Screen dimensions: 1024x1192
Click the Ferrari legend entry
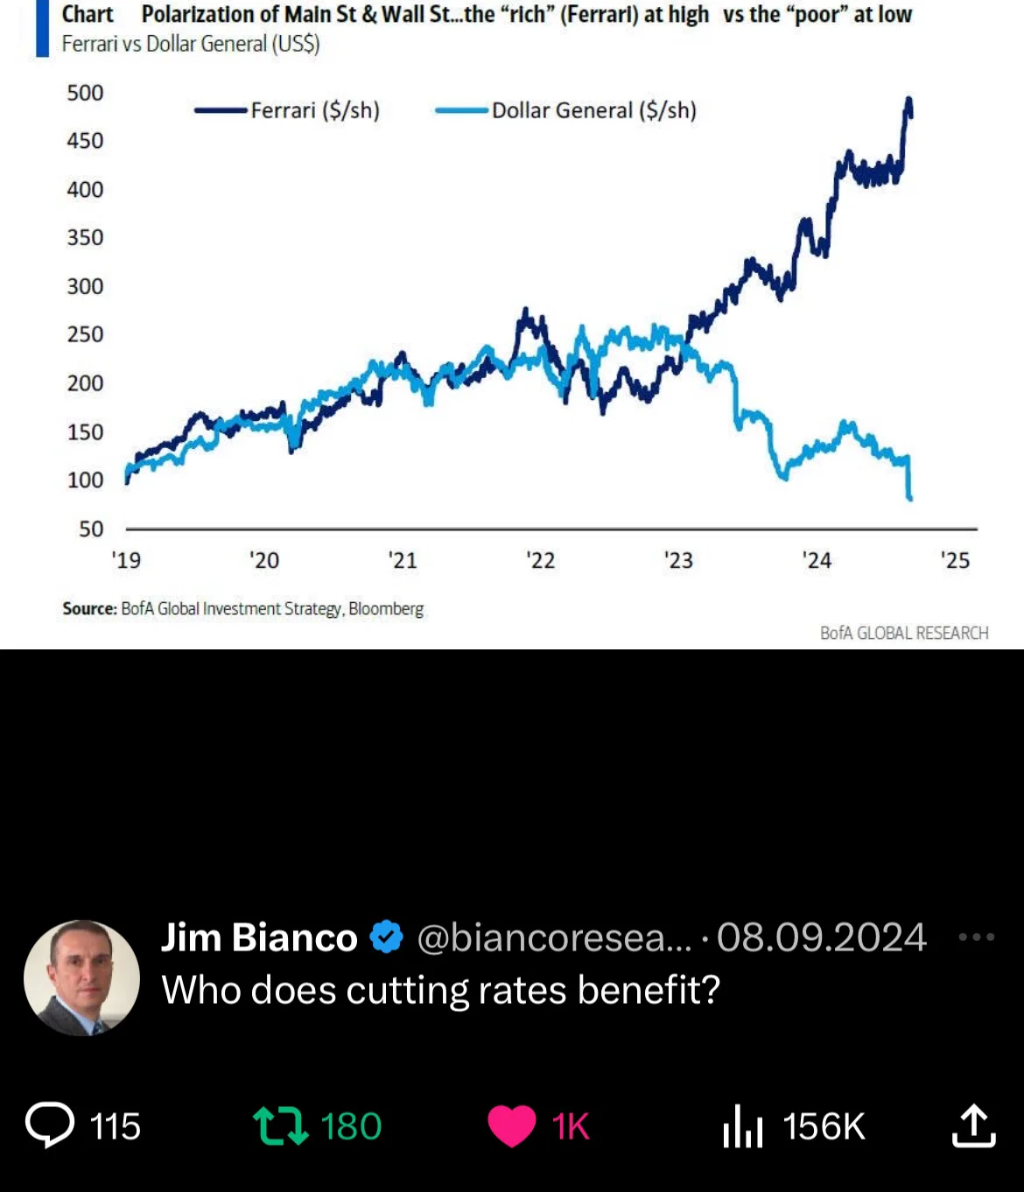point(287,110)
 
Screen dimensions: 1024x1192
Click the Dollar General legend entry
point(565,110)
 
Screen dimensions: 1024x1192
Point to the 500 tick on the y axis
point(86,93)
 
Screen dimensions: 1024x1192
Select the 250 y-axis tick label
point(86,334)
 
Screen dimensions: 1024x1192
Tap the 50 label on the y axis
point(91,529)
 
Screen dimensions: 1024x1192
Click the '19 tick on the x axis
point(126,560)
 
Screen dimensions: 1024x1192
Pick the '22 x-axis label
point(541,560)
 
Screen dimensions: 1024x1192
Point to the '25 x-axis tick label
point(956,560)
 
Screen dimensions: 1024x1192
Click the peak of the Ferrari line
point(909,98)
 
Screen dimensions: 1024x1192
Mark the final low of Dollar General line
point(910,499)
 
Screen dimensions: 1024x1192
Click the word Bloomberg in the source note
point(386,609)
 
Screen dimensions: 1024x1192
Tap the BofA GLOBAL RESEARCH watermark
point(904,634)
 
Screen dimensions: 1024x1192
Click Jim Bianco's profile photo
point(82,978)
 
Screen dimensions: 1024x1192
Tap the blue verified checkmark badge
point(386,936)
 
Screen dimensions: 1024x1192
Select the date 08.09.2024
point(822,937)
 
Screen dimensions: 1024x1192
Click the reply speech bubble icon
point(50,1124)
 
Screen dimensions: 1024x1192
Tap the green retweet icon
point(281,1125)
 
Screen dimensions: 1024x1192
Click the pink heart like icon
point(512,1125)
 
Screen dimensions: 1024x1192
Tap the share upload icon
point(974,1125)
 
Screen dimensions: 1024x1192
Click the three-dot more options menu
point(977,937)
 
